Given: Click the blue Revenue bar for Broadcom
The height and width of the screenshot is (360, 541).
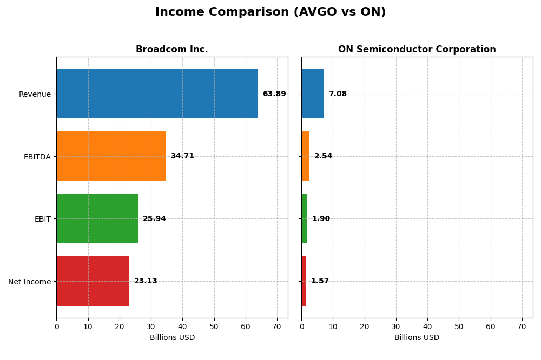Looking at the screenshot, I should tap(157, 94).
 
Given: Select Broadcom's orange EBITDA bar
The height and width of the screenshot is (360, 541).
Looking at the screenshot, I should tap(111, 156).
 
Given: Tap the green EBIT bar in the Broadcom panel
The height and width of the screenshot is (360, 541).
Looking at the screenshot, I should tap(97, 218).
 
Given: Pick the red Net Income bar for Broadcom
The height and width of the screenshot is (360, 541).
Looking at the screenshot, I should tap(93, 281).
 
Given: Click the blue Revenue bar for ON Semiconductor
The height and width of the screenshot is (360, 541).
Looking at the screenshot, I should tap(312, 94).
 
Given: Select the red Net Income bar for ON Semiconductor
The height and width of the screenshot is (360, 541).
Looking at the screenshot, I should tap(304, 281).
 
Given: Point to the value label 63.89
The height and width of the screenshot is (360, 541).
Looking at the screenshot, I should tap(274, 94).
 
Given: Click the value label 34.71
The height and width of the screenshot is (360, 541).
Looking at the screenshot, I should tap(182, 156).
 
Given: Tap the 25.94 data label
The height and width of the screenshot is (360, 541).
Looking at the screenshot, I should tap(154, 219).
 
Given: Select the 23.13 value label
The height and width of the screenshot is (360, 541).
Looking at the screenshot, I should tap(146, 281).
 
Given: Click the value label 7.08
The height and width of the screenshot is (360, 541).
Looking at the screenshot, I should tap(338, 94).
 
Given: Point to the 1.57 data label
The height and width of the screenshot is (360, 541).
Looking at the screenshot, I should tap(320, 281).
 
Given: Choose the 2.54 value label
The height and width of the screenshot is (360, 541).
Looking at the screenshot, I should tap(323, 156).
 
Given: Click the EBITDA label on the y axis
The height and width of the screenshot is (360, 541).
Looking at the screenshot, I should tap(37, 157).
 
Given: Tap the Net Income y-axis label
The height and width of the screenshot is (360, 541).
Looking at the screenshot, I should tap(29, 282).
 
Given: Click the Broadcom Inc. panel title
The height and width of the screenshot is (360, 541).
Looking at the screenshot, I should tap(171, 50).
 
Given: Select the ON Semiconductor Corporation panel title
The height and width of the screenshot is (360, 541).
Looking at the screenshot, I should tap(417, 50).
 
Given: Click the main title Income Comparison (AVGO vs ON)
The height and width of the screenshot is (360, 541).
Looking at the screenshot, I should tap(270, 12).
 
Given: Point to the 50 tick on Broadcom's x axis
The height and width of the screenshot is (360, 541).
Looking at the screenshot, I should tap(214, 326).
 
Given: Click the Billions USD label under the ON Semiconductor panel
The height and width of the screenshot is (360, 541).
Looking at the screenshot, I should tap(417, 338).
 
